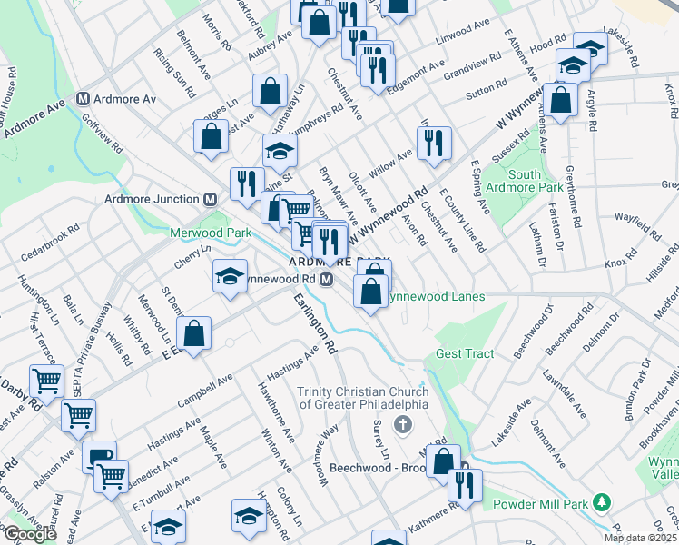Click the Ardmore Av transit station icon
[x=84, y=98]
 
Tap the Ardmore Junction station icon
[x=210, y=199]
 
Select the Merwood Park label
[x=211, y=233]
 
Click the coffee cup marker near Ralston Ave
[x=99, y=456]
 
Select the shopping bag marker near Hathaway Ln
[x=271, y=91]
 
